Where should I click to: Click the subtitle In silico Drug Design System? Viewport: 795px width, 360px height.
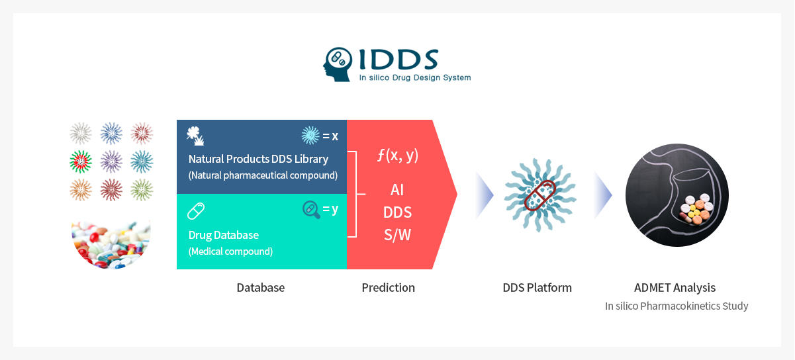coord(415,77)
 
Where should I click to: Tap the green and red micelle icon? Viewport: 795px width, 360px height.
coord(81,161)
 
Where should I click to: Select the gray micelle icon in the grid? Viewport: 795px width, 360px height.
coord(81,134)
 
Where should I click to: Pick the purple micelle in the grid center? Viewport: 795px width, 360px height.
coord(111,161)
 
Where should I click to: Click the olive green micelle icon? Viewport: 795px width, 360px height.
coord(142,190)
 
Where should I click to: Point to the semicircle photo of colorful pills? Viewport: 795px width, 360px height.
coord(111,244)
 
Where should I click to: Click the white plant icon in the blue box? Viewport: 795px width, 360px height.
coord(195,136)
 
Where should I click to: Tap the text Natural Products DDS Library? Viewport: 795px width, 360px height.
coord(258,159)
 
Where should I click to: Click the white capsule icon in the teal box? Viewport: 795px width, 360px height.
coord(196,211)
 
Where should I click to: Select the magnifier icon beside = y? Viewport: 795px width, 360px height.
coord(311,210)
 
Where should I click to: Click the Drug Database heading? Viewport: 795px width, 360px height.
coord(224,235)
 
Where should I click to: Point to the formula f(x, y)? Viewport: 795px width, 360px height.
coord(398,156)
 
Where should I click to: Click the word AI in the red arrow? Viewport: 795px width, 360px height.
coord(397,190)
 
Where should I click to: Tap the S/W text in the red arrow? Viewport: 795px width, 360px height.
coord(397,235)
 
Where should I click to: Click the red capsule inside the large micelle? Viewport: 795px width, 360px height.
coord(540,195)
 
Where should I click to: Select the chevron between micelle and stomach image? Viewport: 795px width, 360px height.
coord(603,195)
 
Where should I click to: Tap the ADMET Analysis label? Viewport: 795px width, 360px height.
coord(675,288)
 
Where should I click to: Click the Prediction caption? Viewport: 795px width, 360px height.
coord(389,288)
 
